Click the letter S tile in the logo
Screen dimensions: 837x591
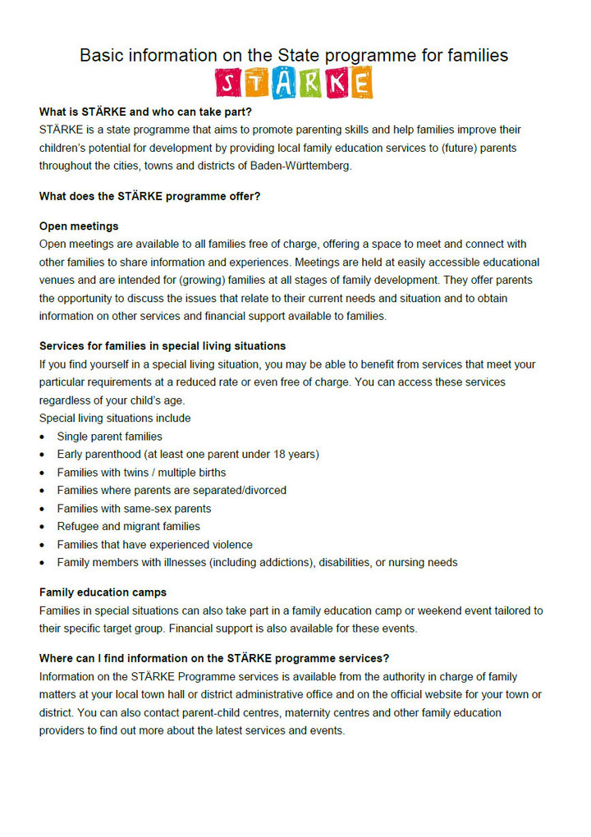[229, 82]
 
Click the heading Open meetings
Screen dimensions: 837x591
[79, 226]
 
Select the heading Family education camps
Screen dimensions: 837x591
[103, 592]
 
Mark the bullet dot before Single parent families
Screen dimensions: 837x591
[43, 437]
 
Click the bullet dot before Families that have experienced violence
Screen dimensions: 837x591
[43, 546]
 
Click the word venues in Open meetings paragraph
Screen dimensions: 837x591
[59, 281]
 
